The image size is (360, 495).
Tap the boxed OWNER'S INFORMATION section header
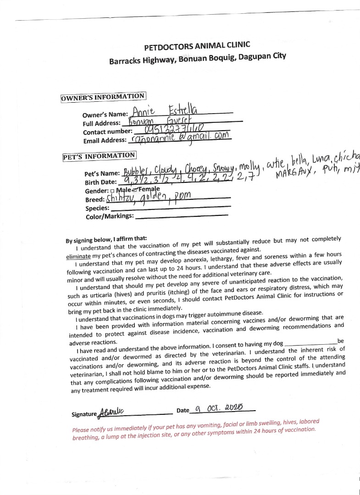click(103, 97)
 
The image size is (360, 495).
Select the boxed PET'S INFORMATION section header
click(99, 156)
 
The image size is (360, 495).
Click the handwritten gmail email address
click(181, 138)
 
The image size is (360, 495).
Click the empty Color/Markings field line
click(182, 215)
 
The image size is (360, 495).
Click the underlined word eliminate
click(78, 256)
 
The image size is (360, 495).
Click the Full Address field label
click(101, 123)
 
